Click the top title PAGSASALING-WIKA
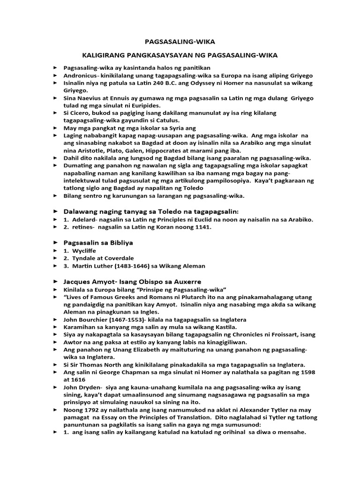click(180, 41)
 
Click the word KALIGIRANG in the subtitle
click(103, 55)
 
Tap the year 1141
click(203, 227)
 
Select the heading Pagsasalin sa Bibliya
click(98, 243)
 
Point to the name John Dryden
click(80, 387)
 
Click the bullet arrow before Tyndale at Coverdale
click(57, 258)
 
